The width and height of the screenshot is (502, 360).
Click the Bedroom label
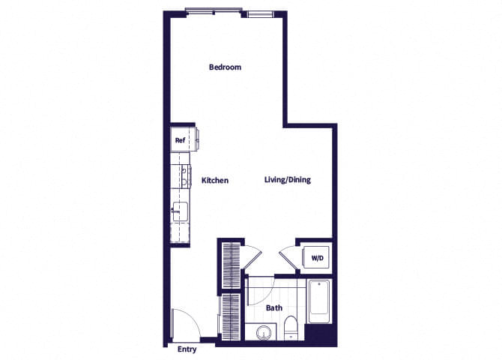[x=225, y=67]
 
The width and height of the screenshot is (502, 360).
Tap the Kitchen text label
[x=215, y=181]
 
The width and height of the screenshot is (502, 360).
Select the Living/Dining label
[x=288, y=180]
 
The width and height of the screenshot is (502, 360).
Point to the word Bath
[x=274, y=307]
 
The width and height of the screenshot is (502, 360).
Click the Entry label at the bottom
[x=187, y=349]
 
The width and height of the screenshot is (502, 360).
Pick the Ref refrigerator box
[x=180, y=139]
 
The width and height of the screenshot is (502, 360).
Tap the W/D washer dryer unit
[x=318, y=259]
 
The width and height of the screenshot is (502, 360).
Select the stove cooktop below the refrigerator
[x=181, y=175]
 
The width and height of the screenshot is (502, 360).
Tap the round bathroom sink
[x=263, y=332]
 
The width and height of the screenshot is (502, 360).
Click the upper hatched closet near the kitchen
[x=231, y=266]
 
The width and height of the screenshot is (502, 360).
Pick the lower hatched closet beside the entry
[x=231, y=315]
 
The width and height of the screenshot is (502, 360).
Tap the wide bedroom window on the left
[x=214, y=12]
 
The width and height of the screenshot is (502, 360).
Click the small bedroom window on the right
[x=261, y=13]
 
